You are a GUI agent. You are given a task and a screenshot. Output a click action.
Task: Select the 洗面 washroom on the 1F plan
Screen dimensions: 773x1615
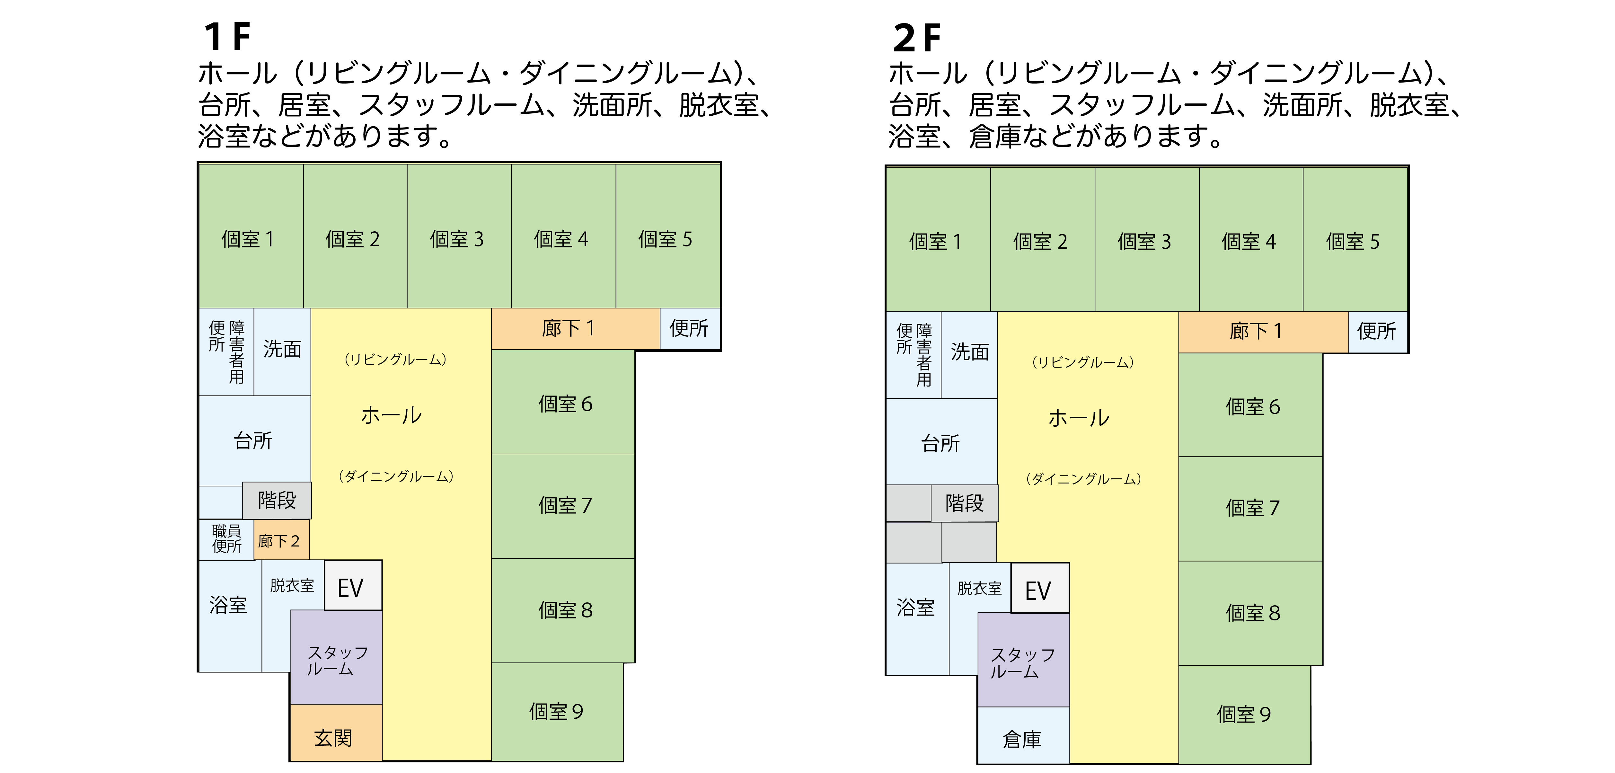tap(282, 349)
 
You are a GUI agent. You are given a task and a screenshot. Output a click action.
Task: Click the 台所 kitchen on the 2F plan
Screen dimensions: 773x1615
tap(940, 443)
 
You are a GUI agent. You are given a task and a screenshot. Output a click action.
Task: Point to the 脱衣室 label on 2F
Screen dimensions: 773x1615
tap(979, 588)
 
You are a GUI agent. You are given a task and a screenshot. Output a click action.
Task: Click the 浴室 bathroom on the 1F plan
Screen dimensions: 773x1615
tap(228, 605)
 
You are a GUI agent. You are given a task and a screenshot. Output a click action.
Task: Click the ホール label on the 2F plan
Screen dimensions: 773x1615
tap(1079, 418)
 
